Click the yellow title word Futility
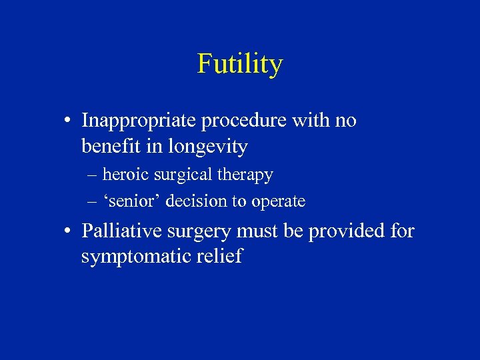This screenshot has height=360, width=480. (x=240, y=64)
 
